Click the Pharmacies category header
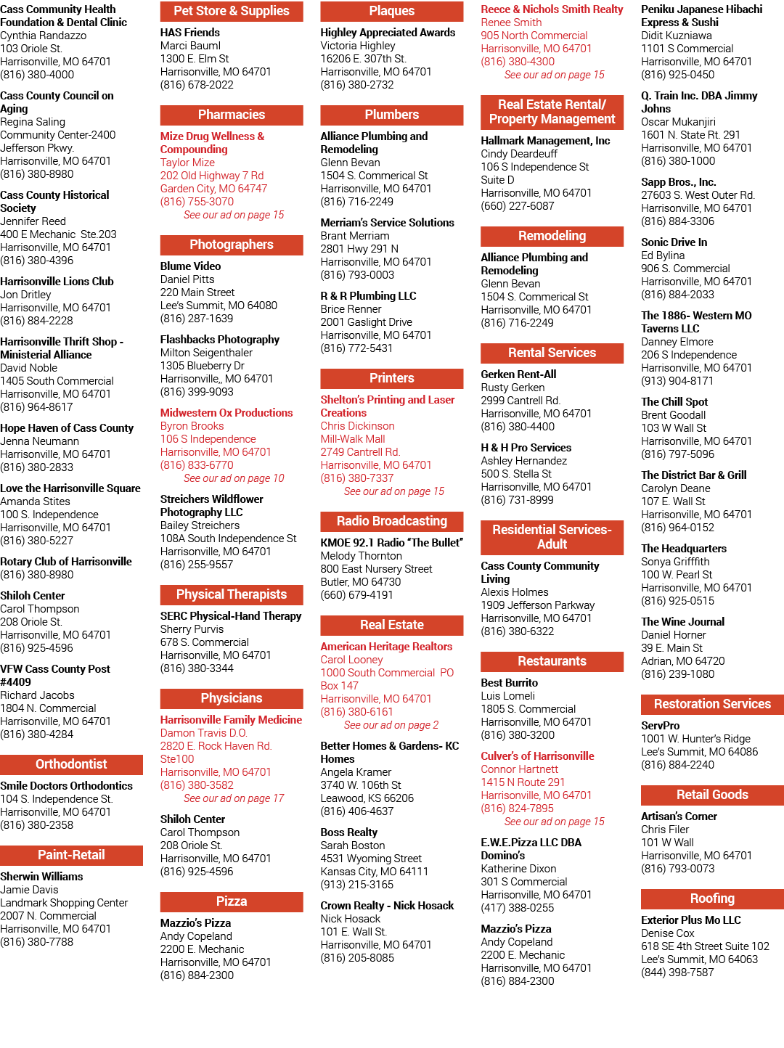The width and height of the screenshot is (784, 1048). pos(232,115)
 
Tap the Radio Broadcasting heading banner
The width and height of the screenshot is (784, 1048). pos(391,521)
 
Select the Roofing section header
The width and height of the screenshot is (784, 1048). pos(712,898)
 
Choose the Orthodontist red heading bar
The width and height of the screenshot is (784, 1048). pos(71,764)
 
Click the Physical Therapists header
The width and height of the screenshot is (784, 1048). pos(232,594)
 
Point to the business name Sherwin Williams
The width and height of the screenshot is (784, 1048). pos(41,877)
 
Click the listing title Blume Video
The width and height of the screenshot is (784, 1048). pos(190,266)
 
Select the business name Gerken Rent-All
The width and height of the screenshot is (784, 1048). pos(518,374)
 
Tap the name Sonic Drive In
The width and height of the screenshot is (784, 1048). pos(674,242)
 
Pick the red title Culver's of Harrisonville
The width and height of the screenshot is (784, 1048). pos(537,756)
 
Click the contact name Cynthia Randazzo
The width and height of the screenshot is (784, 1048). pos(44,36)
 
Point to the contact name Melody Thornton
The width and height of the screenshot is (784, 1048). pos(361,556)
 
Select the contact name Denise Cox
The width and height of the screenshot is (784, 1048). pos(668,933)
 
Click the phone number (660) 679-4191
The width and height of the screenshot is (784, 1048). pos(356,595)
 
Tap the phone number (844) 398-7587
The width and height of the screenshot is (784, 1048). pos(677,972)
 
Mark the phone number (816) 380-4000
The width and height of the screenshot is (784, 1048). pos(37,75)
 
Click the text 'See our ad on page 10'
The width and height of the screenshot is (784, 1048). pos(234,478)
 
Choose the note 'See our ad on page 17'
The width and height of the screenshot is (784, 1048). pos(234,798)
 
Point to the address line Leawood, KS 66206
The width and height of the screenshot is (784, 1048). pos(367,798)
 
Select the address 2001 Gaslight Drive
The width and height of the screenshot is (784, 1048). pos(366,322)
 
